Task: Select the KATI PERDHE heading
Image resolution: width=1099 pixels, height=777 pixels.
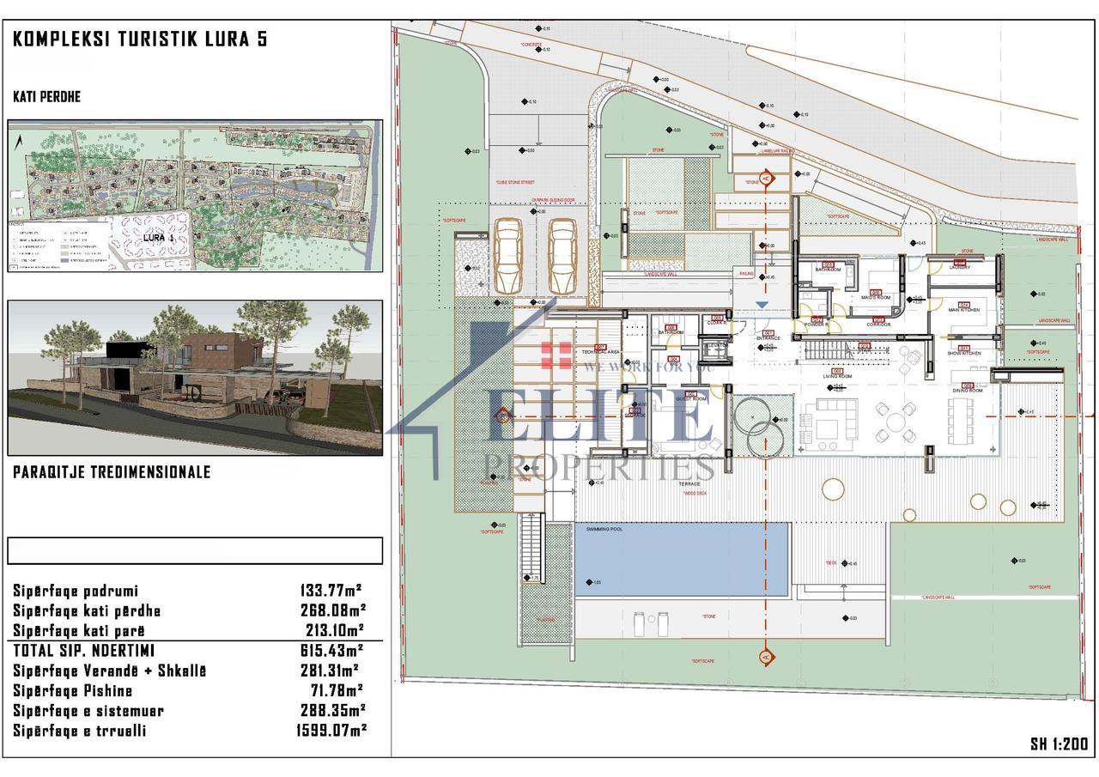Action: [x=47, y=97]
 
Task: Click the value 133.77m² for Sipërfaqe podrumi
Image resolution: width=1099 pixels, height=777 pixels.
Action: [x=331, y=591]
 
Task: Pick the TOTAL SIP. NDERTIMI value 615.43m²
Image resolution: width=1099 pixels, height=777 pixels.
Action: [x=331, y=651]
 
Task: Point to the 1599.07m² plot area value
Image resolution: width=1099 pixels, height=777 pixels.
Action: [x=331, y=731]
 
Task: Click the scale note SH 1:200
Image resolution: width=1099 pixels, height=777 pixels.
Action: [x=1059, y=744]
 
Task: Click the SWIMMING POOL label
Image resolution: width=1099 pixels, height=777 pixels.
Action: [x=604, y=530]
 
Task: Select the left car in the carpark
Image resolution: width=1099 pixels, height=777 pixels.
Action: [x=508, y=256]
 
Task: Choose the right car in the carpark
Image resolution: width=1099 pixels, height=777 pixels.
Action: [x=563, y=256]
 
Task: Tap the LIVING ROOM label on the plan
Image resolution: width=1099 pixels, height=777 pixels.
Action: [x=837, y=376]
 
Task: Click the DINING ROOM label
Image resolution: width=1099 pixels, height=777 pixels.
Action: [x=967, y=391]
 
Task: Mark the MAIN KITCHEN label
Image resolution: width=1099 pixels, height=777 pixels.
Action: [x=964, y=311]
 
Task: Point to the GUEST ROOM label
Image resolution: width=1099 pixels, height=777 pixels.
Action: [x=691, y=399]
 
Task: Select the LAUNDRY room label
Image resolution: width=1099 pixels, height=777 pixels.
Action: [x=959, y=268]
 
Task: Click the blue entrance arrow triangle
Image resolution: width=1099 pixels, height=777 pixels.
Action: [x=761, y=304]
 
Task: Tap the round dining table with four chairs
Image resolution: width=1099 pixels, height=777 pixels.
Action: [x=894, y=422]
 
